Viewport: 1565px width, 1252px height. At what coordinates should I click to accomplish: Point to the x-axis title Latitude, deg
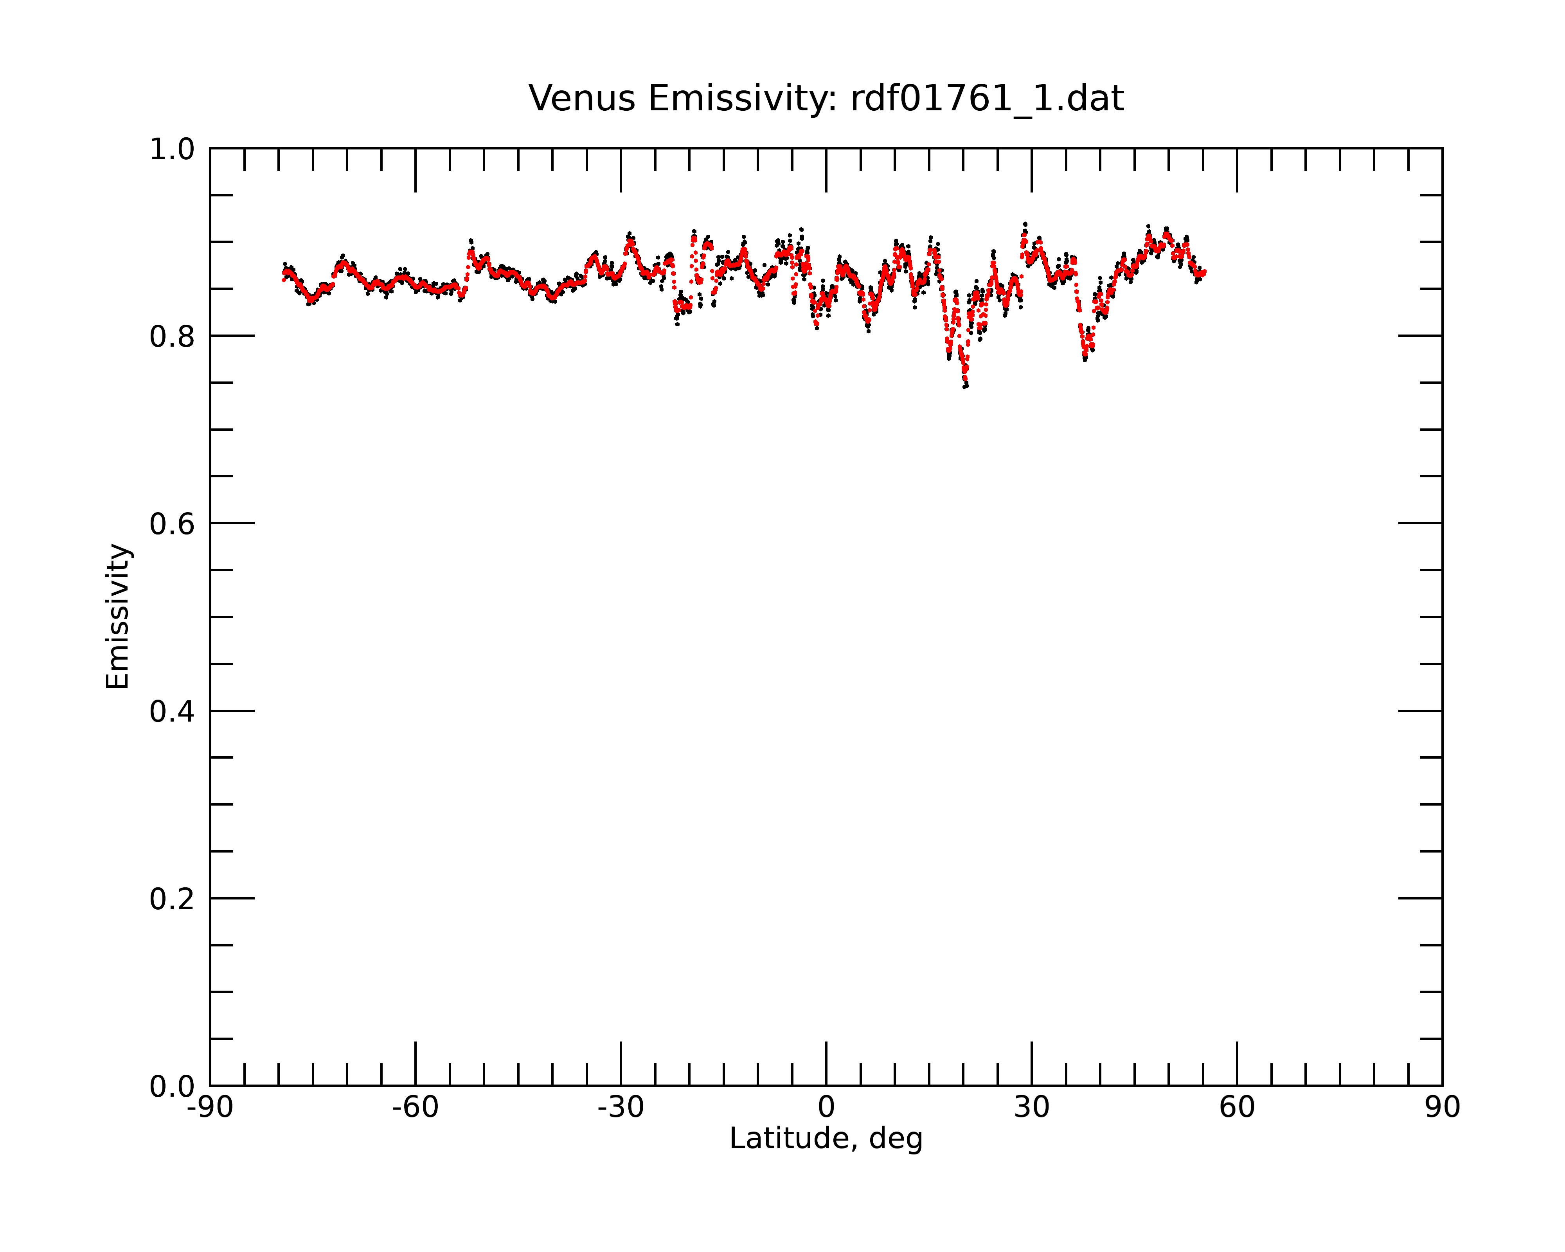click(826, 1138)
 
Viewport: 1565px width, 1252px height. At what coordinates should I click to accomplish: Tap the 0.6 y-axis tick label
click(172, 524)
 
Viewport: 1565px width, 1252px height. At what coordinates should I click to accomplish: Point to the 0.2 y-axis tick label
click(172, 899)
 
